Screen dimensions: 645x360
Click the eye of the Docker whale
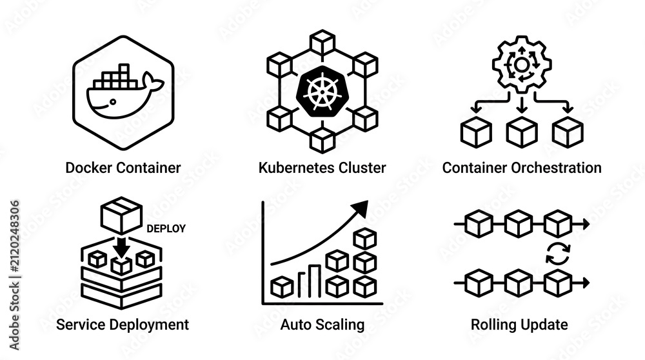click(x=113, y=101)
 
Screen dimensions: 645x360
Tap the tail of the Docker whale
click(x=153, y=83)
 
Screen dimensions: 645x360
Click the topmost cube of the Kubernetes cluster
click(x=322, y=42)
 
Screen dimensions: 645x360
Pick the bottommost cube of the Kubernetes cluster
click(x=322, y=140)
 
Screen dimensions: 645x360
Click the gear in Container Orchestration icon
click(x=522, y=65)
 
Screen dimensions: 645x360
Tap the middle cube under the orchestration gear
click(x=522, y=132)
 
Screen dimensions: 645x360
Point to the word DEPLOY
click(x=166, y=229)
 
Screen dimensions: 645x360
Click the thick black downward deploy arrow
click(x=121, y=246)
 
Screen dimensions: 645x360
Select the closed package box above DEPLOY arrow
click(x=121, y=215)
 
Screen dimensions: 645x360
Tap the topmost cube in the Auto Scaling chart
click(x=365, y=238)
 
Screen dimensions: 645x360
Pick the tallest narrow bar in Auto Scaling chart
click(x=315, y=281)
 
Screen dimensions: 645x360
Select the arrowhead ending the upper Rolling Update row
click(x=586, y=225)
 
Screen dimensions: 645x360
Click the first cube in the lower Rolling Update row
click(x=479, y=283)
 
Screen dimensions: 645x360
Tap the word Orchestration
click(x=556, y=168)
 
